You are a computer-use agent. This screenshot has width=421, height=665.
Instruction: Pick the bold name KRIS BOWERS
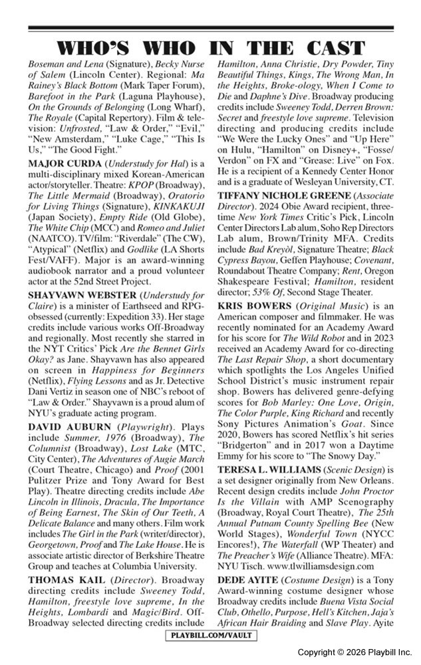[255, 305]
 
